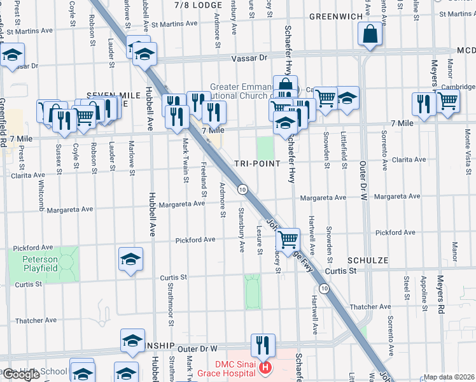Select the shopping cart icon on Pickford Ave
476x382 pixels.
[x=288, y=239]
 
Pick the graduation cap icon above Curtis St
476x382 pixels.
[x=130, y=259]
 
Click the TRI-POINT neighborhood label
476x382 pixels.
[x=258, y=163]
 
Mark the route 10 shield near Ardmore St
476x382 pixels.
[x=242, y=189]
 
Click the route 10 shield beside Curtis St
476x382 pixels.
[x=325, y=289]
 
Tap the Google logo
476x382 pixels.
[x=21, y=374]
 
